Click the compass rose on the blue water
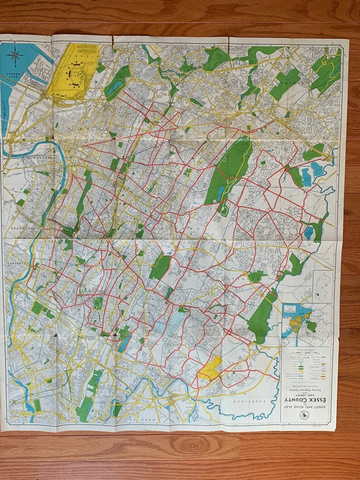(15, 56)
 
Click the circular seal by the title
(304, 415)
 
